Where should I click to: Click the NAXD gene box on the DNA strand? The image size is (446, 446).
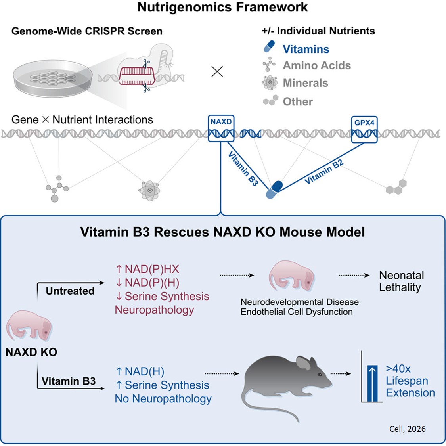click(221, 128)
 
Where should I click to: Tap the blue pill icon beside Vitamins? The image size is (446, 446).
click(269, 47)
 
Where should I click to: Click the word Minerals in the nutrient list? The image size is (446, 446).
click(305, 83)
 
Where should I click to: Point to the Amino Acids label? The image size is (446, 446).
click(316, 65)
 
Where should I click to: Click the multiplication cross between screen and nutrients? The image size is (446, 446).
click(217, 71)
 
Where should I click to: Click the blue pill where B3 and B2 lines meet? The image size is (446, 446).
click(274, 189)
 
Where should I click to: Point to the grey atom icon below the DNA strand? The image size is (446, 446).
click(149, 191)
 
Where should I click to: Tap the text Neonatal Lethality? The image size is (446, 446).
click(401, 281)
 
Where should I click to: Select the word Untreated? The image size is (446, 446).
click(70, 291)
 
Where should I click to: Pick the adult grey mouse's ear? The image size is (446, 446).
click(303, 363)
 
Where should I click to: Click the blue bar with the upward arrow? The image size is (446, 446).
click(372, 383)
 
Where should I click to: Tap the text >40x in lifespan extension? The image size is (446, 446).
click(398, 369)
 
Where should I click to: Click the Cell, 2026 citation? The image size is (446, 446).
click(407, 429)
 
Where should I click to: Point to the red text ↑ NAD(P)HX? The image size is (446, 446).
click(147, 269)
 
